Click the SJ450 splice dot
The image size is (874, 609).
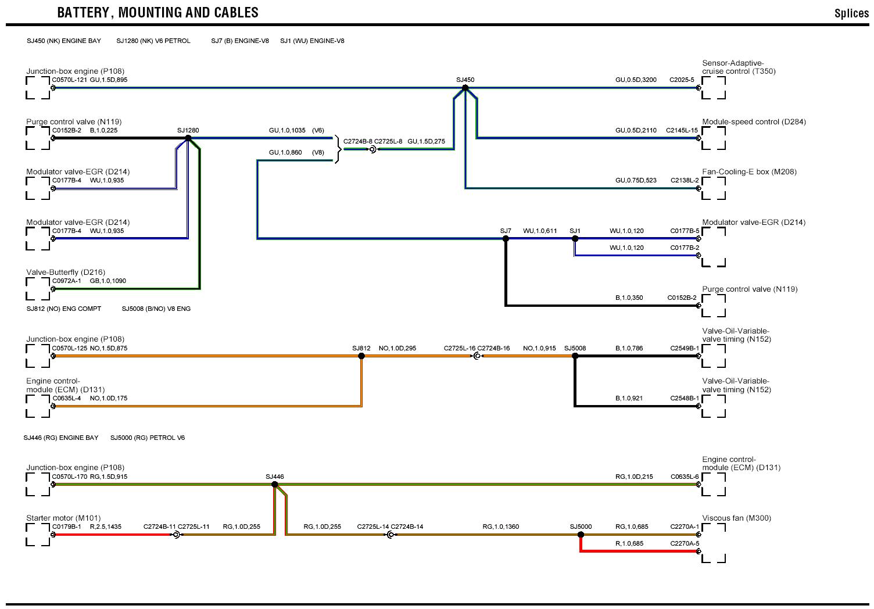pyautogui.click(x=465, y=88)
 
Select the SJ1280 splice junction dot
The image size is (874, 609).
pyautogui.click(x=188, y=138)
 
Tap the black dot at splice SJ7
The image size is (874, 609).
pyautogui.click(x=506, y=238)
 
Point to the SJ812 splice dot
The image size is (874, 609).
pyautogui.click(x=361, y=356)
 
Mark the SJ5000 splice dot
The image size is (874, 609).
pyautogui.click(x=581, y=535)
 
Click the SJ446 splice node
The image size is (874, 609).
pyautogui.click(x=274, y=484)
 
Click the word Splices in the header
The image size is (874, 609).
pyautogui.click(x=851, y=13)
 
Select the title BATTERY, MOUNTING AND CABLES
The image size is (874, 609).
pyautogui.click(x=158, y=12)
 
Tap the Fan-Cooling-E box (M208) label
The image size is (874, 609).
pyautogui.click(x=749, y=172)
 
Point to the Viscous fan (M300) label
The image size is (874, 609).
pyautogui.click(x=736, y=518)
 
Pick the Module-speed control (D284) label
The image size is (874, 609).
pyautogui.click(x=754, y=122)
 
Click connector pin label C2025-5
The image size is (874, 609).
pyautogui.click(x=682, y=80)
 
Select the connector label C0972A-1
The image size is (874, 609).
pyautogui.click(x=67, y=281)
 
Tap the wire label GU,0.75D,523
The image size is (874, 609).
pyautogui.click(x=636, y=180)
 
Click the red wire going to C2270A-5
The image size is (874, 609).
pyautogui.click(x=639, y=551)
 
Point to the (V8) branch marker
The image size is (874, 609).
pyautogui.click(x=318, y=152)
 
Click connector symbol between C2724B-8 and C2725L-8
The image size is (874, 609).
pyautogui.click(x=372, y=149)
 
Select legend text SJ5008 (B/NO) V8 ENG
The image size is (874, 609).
pyautogui.click(x=156, y=309)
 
